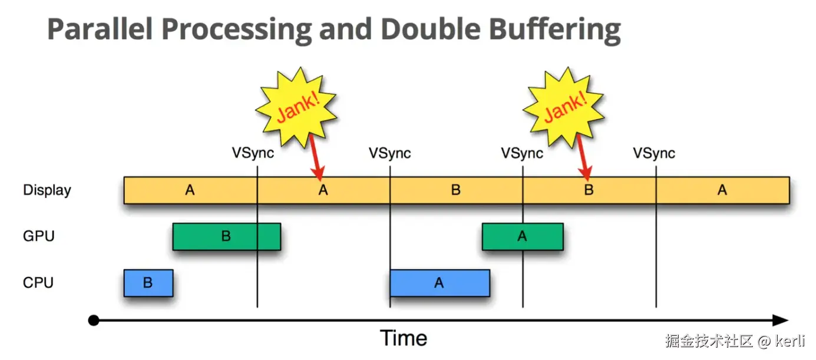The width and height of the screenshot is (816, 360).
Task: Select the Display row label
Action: [x=47, y=190]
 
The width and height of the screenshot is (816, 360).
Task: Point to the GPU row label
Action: [x=39, y=236]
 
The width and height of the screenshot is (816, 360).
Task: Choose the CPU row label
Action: [x=38, y=283]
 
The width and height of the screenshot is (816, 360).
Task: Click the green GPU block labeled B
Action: [x=226, y=236]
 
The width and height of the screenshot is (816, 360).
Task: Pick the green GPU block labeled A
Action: [x=522, y=236]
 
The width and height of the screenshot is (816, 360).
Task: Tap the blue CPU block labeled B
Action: [x=148, y=283]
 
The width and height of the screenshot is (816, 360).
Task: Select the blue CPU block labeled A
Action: [x=439, y=283]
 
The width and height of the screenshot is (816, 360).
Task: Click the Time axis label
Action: [x=404, y=338]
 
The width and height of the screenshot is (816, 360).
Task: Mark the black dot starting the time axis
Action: [x=93, y=321]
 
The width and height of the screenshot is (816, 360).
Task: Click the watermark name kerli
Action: [x=793, y=341]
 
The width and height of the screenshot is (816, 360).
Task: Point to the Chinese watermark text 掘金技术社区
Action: [x=709, y=341]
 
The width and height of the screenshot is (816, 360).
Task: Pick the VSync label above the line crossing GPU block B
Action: [x=252, y=153]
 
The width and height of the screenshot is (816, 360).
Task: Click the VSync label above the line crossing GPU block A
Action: [x=522, y=153]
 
